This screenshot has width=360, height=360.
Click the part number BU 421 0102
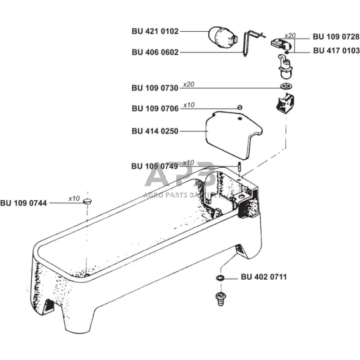(155, 31)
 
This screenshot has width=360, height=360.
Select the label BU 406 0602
(155, 53)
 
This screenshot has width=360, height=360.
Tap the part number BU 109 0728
(336, 37)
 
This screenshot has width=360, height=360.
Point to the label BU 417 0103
(336, 50)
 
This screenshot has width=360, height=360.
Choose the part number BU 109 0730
(155, 88)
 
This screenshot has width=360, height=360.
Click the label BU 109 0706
(155, 108)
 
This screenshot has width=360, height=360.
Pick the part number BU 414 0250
(155, 131)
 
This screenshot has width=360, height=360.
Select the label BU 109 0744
(23, 203)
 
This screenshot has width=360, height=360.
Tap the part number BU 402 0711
(264, 277)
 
